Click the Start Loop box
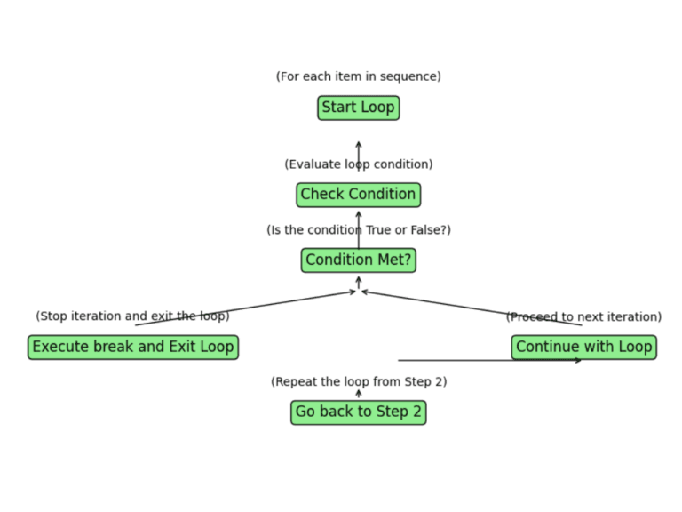click(358, 108)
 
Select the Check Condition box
click(358, 195)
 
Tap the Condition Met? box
click(358, 260)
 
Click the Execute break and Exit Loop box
click(132, 347)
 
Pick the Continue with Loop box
click(583, 347)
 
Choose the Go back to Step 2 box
click(358, 412)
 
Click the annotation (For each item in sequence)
click(358, 76)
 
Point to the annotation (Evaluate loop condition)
click(358, 164)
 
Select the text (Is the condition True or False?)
click(358, 230)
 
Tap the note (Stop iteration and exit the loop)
click(132, 316)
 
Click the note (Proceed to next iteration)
click(583, 317)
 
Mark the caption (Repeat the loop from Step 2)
click(358, 382)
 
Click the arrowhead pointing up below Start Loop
click(359, 144)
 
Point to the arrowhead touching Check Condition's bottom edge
click(359, 213)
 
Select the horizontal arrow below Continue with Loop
click(488, 360)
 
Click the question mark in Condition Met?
click(407, 260)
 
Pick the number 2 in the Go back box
click(416, 412)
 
